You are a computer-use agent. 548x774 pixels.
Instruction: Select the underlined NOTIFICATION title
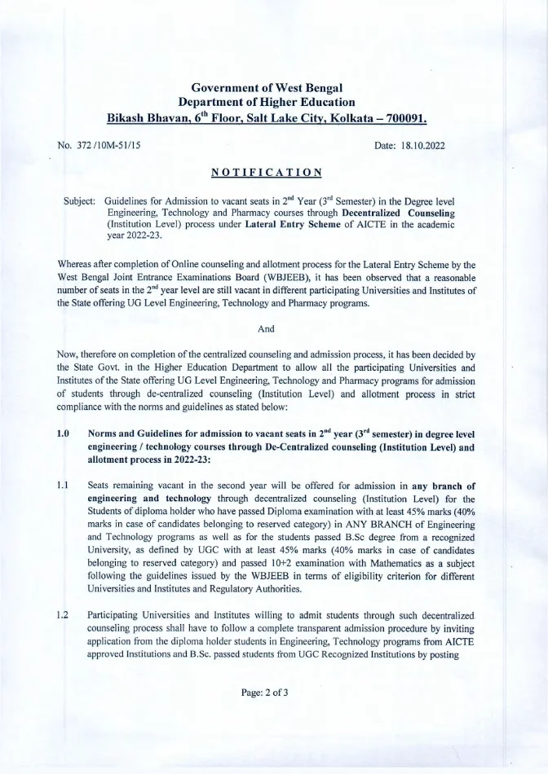266,172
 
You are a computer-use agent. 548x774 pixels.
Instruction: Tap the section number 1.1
64,485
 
